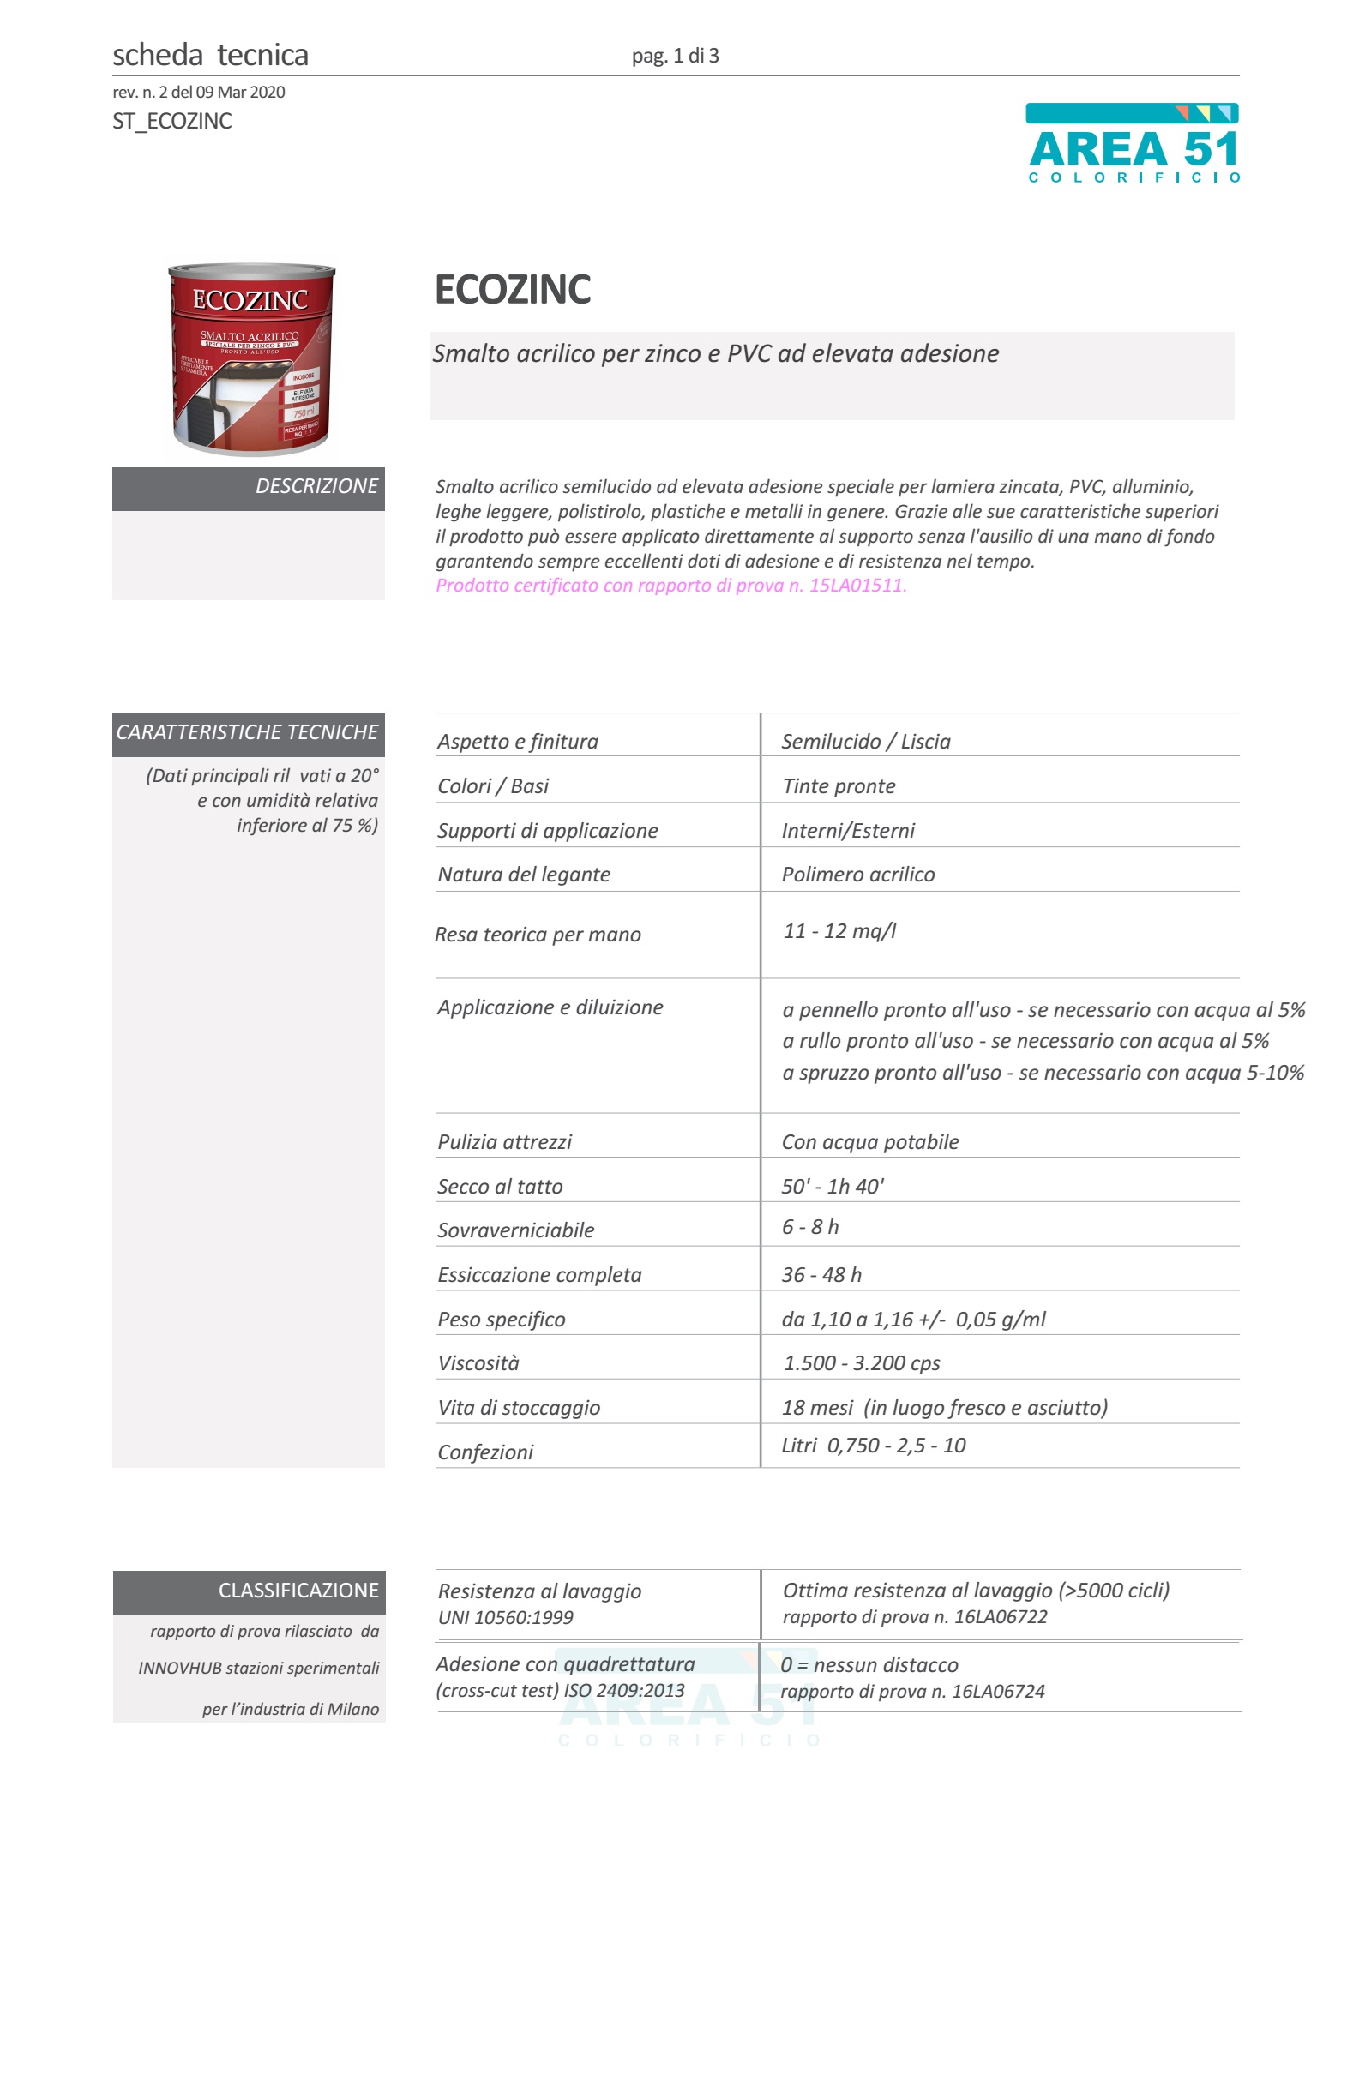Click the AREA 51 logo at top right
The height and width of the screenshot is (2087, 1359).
[x=1132, y=144]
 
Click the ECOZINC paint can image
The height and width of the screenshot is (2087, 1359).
[x=250, y=358]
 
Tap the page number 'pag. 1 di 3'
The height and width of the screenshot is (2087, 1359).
[x=675, y=56]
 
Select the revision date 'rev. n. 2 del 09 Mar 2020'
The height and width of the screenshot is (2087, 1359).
[x=199, y=92]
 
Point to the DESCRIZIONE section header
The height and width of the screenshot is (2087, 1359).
[x=316, y=487]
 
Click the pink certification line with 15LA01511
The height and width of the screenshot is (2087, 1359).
[x=670, y=586]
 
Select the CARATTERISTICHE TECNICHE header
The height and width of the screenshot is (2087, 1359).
[x=247, y=732]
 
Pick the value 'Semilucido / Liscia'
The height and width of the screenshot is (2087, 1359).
[x=865, y=742]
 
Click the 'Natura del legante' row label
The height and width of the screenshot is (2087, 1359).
[x=523, y=875]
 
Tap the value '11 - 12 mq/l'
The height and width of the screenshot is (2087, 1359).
[x=839, y=931]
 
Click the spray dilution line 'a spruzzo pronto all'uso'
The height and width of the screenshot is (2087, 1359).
[x=1043, y=1073]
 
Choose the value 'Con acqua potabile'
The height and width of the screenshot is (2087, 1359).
[x=869, y=1142]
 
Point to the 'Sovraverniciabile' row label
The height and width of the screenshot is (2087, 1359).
[x=515, y=1230]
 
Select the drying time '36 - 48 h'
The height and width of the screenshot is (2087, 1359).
[x=821, y=1275]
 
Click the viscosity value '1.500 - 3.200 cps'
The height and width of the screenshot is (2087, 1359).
[x=861, y=1362]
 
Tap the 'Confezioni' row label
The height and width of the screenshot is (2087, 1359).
[x=484, y=1452]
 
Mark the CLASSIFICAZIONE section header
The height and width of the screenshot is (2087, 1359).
[x=298, y=1591]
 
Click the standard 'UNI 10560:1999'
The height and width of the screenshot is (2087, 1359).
[x=505, y=1618]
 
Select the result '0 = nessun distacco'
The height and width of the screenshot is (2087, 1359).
[x=869, y=1665]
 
